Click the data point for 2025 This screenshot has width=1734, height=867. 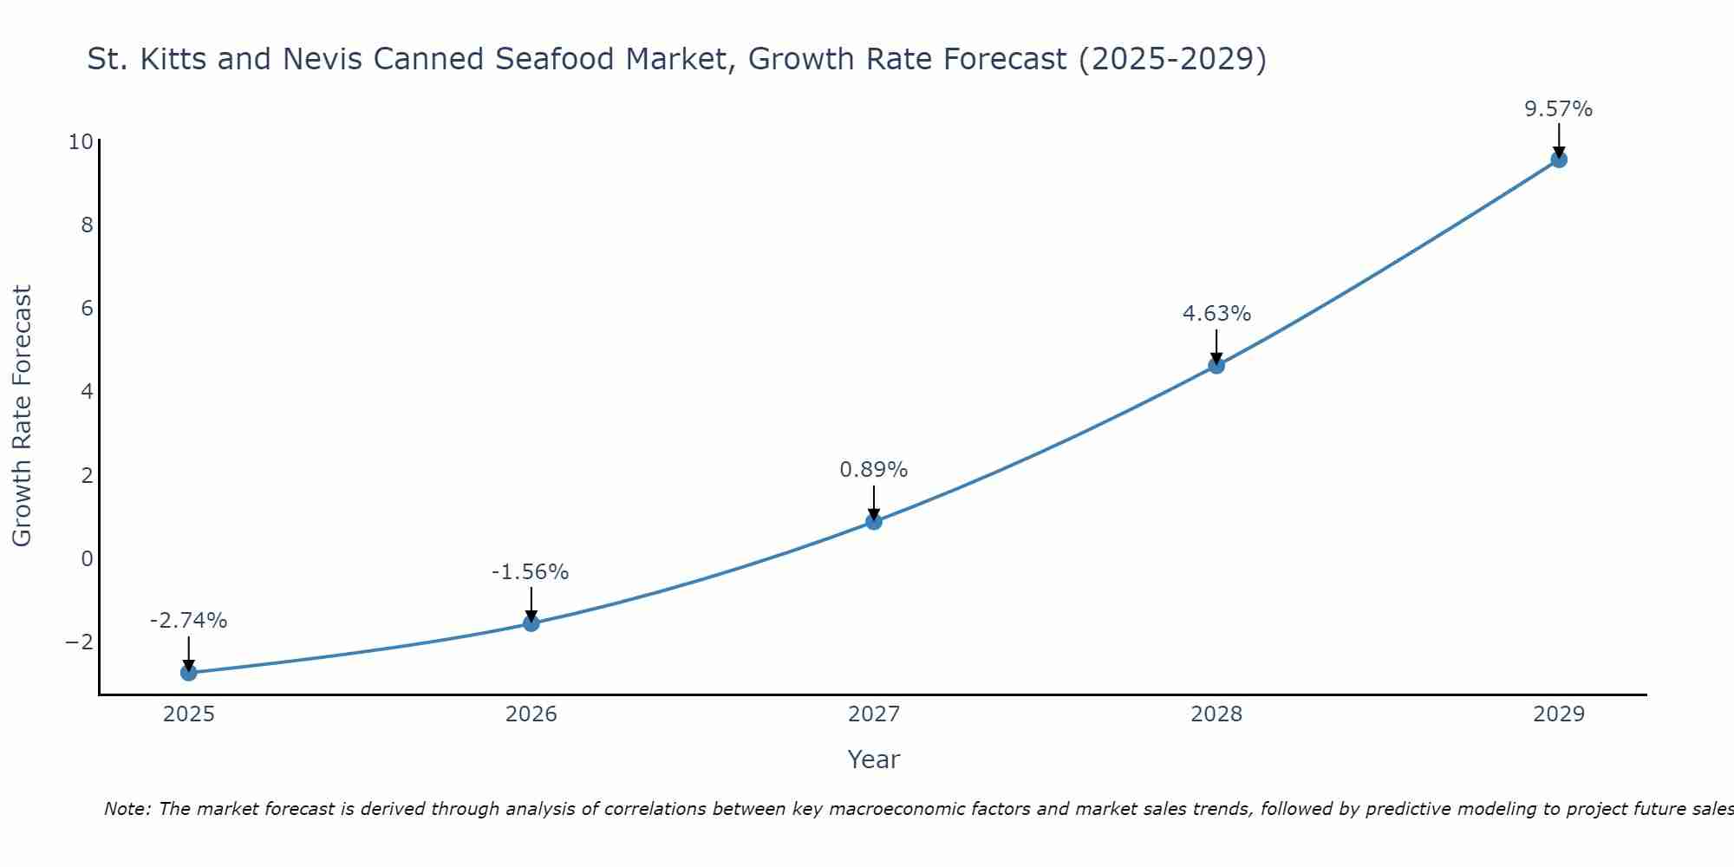click(189, 672)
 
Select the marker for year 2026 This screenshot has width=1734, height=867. click(531, 623)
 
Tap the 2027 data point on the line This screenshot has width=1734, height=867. click(874, 521)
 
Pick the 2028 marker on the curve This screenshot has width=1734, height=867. click(1216, 365)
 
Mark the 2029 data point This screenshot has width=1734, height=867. click(1559, 160)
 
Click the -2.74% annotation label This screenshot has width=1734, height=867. click(188, 621)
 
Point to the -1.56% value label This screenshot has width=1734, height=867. click(530, 572)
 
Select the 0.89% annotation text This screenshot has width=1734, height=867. click(873, 470)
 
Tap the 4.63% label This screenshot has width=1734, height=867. click(1216, 314)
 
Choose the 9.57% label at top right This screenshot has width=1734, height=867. click(1558, 109)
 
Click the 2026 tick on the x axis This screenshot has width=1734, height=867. click(531, 714)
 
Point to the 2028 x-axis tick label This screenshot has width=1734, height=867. click(1216, 714)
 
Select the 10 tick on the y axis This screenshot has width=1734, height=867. click(81, 141)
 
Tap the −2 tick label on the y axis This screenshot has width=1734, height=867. click(79, 642)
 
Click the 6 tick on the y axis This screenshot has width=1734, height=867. click(87, 309)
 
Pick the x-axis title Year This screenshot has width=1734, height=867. click(873, 759)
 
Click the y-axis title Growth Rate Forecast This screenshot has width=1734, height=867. click(22, 416)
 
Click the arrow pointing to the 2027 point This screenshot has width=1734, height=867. click(874, 502)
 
